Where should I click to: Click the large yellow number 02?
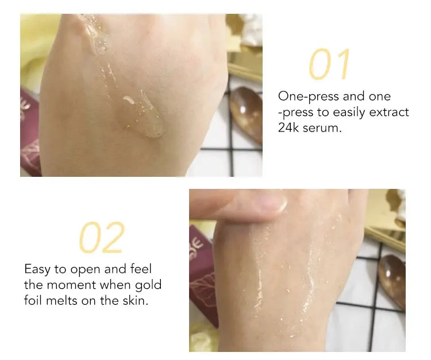(101, 238)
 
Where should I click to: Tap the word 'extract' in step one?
(388, 112)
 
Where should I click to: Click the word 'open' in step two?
(85, 269)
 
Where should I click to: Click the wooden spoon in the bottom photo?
(392, 278)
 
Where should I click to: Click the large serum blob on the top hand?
(148, 123)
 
